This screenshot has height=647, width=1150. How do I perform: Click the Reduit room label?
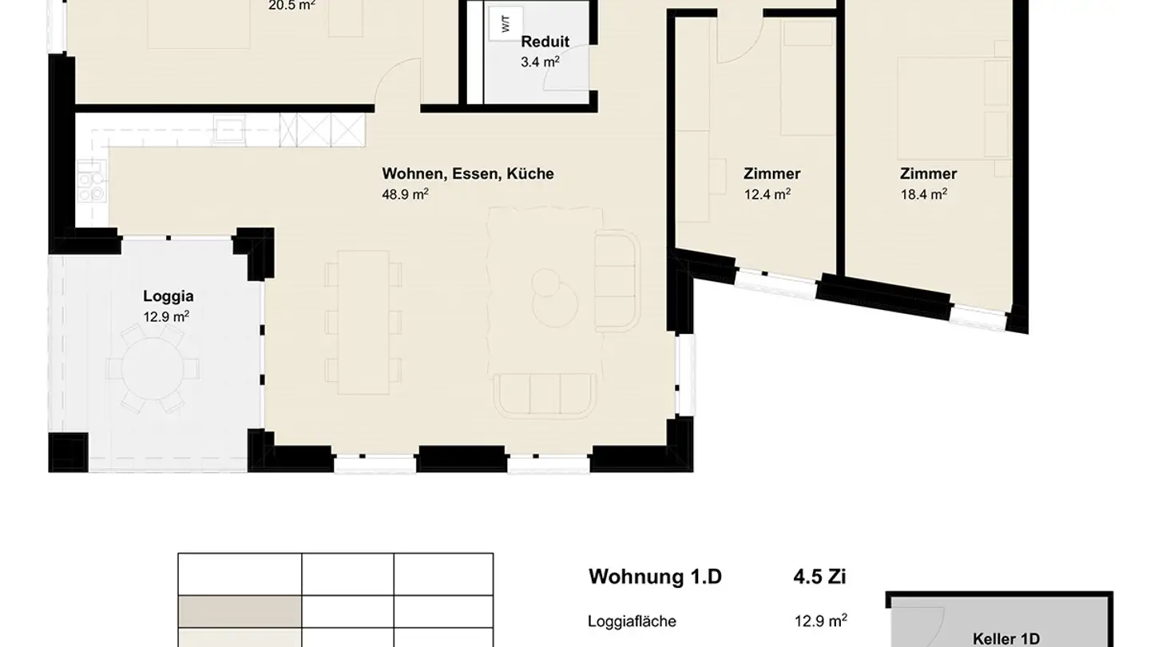click(x=545, y=42)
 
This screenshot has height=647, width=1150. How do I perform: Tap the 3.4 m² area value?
click(x=540, y=62)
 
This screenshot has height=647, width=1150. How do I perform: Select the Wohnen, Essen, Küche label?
click(x=467, y=173)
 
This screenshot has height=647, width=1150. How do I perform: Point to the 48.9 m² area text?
click(x=405, y=194)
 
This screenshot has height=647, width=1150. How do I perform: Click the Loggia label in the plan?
click(x=168, y=296)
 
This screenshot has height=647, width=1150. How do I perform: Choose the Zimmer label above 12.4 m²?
click(x=771, y=173)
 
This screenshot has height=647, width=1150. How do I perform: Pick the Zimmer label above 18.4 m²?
click(x=928, y=173)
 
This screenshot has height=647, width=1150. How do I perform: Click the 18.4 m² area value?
click(x=924, y=193)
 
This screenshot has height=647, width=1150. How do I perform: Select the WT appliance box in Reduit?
click(x=506, y=24)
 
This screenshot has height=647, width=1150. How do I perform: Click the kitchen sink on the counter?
click(x=229, y=130)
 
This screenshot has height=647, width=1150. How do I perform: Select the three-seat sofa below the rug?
click(x=545, y=395)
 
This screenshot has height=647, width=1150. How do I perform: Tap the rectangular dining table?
click(x=363, y=322)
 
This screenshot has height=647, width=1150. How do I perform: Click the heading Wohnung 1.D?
click(x=655, y=577)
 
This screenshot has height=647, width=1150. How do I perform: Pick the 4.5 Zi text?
click(x=820, y=577)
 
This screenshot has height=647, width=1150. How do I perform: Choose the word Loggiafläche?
click(x=632, y=621)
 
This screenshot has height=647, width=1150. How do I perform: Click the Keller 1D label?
click(x=1005, y=638)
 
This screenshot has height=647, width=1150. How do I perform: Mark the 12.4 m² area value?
click(x=767, y=193)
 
